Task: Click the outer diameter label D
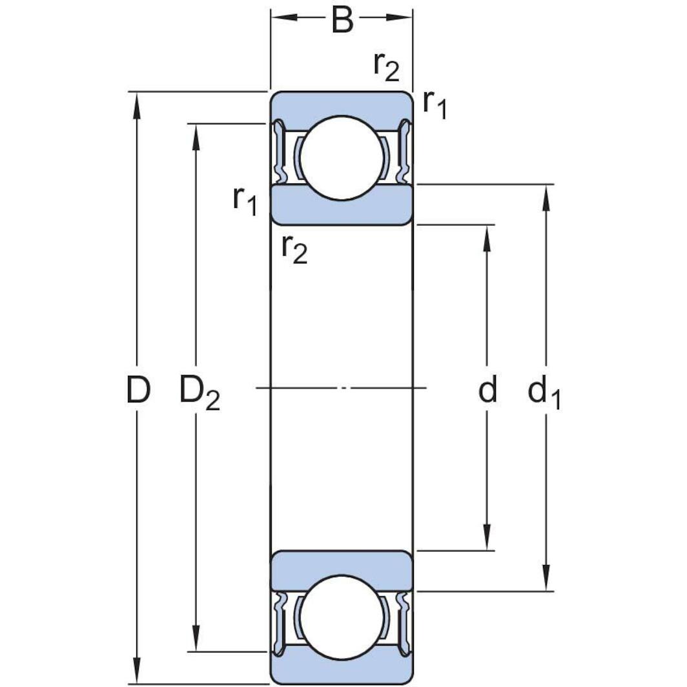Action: click(138, 390)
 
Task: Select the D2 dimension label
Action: click(199, 393)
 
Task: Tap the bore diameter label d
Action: click(487, 390)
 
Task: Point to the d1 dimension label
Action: click(544, 393)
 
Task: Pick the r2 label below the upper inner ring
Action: click(294, 249)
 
